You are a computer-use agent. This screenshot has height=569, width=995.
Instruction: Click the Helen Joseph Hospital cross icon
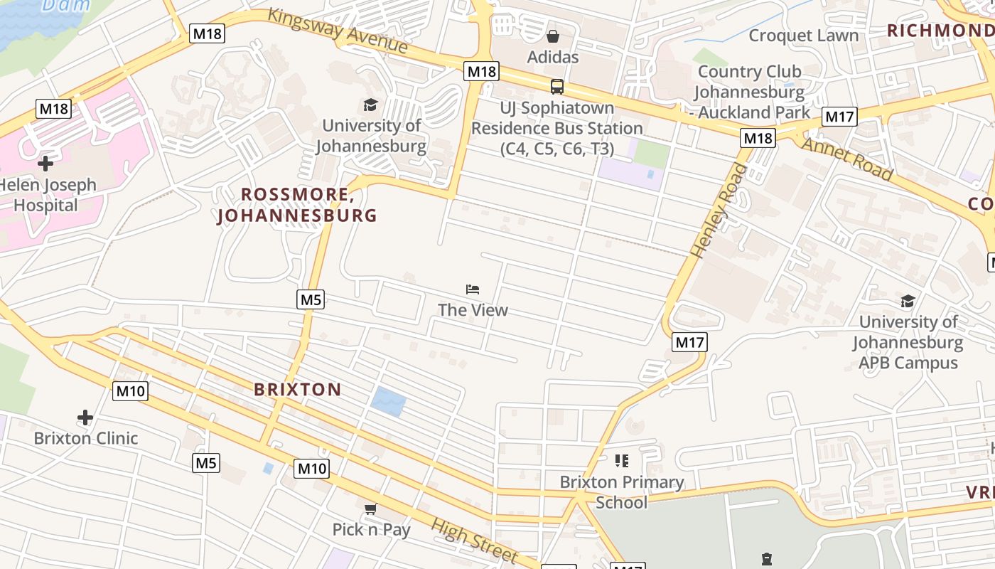point(45,164)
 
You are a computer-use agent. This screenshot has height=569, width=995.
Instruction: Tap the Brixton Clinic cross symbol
point(85,418)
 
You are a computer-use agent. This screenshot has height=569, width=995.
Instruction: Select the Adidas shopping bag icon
point(553,36)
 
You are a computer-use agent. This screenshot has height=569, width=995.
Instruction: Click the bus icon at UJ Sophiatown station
point(557,87)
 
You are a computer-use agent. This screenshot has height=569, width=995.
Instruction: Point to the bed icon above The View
point(473,289)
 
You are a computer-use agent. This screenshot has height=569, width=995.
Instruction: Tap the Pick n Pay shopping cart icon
point(370,509)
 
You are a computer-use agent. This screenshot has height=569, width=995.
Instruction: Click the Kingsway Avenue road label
point(338,31)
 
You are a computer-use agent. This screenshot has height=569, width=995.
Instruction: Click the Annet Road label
point(847,159)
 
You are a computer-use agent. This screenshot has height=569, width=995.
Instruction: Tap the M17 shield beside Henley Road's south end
point(689,342)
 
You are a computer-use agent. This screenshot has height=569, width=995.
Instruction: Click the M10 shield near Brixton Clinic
point(131,390)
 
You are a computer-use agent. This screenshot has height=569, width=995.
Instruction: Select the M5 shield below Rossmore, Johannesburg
point(311,299)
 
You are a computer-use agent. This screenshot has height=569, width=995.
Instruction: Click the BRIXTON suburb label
point(298,389)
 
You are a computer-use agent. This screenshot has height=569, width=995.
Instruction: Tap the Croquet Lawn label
point(803,36)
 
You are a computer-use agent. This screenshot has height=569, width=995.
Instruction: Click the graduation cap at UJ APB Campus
point(908,301)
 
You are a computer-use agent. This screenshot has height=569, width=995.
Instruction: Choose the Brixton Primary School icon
point(622,461)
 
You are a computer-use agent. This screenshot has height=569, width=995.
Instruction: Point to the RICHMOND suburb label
point(940,31)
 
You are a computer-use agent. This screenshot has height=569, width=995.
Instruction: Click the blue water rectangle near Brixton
point(388,403)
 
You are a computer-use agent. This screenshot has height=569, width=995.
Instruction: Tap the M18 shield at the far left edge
point(54,109)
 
